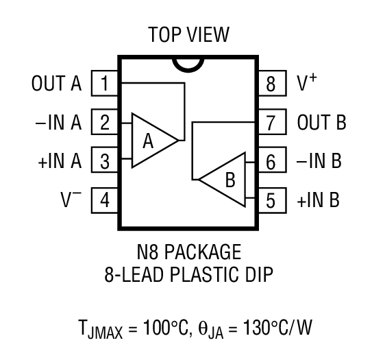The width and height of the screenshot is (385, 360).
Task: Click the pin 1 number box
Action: click(x=104, y=84)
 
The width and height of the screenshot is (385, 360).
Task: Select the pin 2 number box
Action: click(x=104, y=123)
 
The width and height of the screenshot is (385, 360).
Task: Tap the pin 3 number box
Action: click(x=104, y=162)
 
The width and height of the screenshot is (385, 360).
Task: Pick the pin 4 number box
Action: click(x=104, y=201)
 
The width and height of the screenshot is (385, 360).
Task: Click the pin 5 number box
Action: click(x=271, y=201)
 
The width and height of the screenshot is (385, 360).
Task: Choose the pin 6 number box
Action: click(x=271, y=162)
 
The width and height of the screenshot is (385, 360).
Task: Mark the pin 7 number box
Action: click(x=271, y=123)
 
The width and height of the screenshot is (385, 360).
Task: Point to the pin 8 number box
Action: click(x=271, y=84)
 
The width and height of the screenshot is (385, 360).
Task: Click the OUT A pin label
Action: click(x=56, y=84)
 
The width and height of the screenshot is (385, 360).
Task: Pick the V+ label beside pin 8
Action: click(x=306, y=84)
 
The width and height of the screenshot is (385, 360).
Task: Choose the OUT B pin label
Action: click(x=321, y=123)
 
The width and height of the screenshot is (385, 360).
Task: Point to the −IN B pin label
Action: click(x=319, y=162)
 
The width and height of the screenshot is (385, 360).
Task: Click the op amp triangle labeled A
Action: click(x=151, y=141)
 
